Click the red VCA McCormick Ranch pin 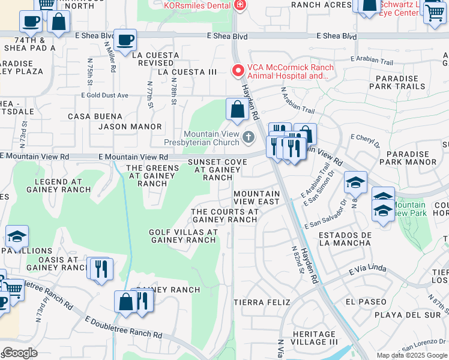[238, 71]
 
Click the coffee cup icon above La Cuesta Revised [125, 40]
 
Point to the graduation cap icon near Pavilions [17, 236]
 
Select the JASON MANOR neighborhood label [130, 127]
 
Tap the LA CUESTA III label [187, 72]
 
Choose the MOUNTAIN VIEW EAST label [256, 198]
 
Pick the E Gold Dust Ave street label [105, 95]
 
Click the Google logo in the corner [19, 353]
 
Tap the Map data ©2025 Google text [412, 355]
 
